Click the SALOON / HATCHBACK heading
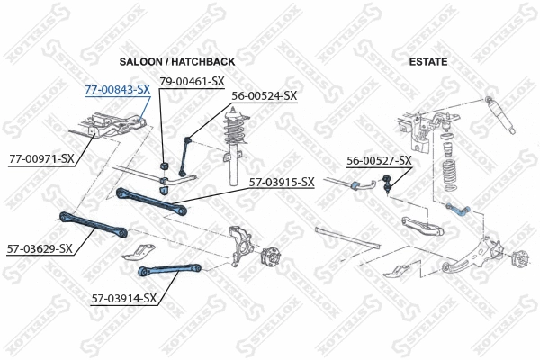[177, 61]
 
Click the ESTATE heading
[428, 61]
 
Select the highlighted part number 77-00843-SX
[118, 90]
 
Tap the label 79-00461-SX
[191, 82]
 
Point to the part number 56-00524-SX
[264, 95]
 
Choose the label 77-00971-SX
[41, 158]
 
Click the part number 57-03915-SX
[282, 182]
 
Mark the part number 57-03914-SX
[124, 297]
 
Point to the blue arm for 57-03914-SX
[170, 266]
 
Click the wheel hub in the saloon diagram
[271, 259]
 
